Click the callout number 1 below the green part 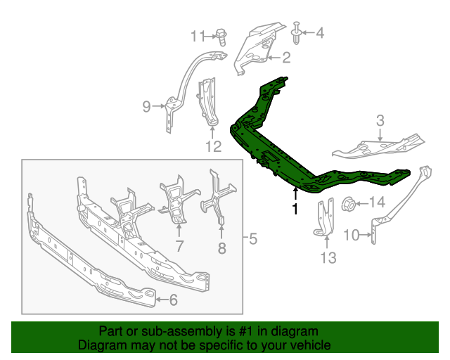tap(295, 209)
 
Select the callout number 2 tap(286, 58)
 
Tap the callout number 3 tap(380, 120)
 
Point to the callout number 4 tap(320, 33)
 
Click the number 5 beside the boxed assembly tap(252, 238)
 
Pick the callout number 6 tap(174, 300)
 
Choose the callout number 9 tap(147, 106)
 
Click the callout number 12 tap(214, 146)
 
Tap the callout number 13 tap(328, 257)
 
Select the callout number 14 tap(377, 202)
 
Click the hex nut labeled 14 tap(349, 203)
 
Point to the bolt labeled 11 tap(221, 37)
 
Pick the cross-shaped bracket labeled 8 tap(219, 198)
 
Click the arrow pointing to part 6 tap(162, 300)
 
